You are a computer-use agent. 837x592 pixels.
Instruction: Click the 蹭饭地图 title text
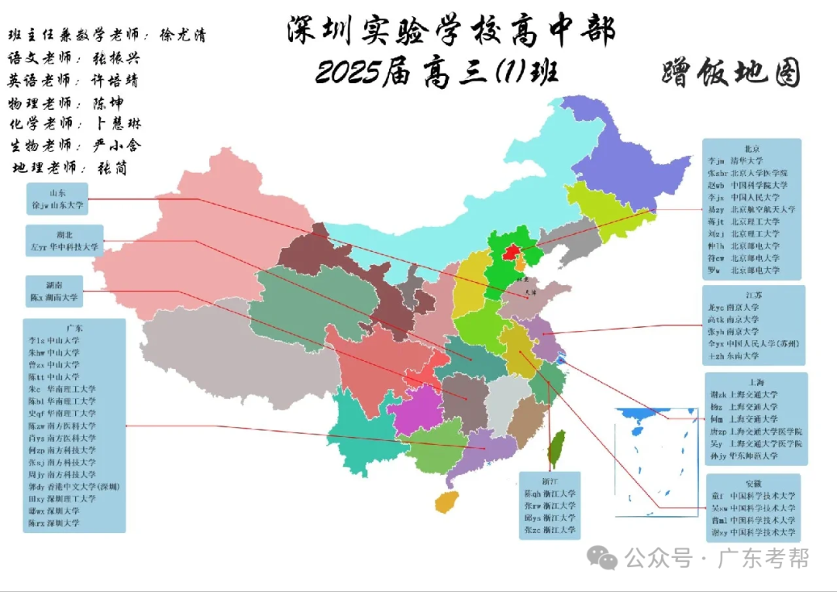click(x=731, y=74)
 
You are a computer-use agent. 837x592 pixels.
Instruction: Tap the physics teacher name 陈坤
click(x=108, y=102)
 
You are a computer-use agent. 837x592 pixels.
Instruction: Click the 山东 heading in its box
click(x=57, y=192)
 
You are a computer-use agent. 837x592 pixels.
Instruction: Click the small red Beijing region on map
click(x=510, y=253)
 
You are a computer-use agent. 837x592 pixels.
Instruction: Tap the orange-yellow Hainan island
click(x=446, y=501)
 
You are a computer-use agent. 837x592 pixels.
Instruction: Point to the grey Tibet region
click(x=232, y=356)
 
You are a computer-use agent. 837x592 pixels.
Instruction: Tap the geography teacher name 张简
click(x=112, y=167)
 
